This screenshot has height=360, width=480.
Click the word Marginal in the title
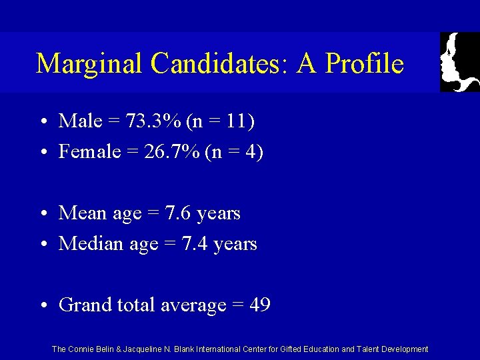tap(89, 64)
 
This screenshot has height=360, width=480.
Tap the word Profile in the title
tap(365, 64)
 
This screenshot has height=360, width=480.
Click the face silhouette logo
tap(459, 62)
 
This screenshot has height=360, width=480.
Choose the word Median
tap(90, 244)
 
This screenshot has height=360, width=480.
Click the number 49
tap(260, 305)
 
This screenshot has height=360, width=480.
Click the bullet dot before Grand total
tap(42, 306)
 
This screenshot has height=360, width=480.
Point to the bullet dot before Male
tap(42, 122)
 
